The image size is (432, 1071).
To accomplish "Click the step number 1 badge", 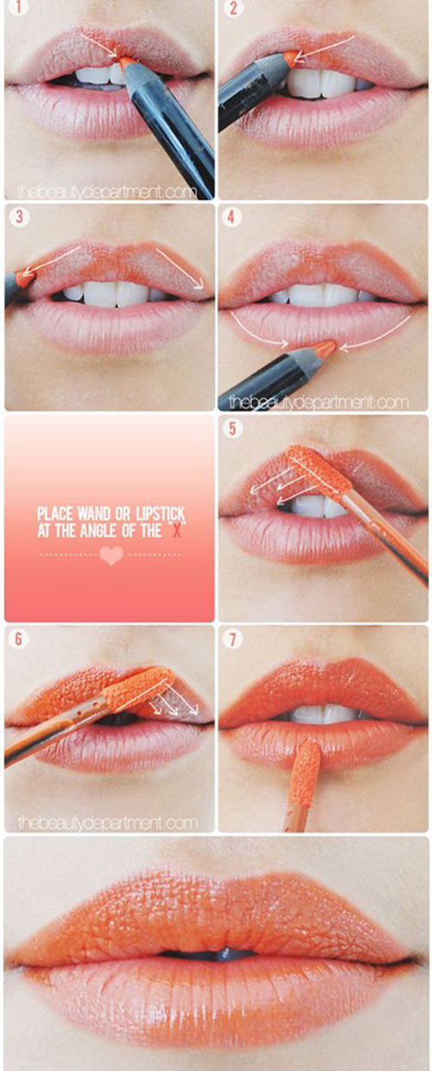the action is (18, 7).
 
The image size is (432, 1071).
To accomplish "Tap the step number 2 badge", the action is (232, 7).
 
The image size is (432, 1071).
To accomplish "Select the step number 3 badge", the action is (18, 217).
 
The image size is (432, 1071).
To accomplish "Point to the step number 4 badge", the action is (232, 217).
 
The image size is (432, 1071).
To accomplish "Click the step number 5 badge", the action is (232, 428).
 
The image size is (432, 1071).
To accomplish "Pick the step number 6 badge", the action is (18, 639).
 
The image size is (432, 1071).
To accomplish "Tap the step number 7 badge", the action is (232, 639).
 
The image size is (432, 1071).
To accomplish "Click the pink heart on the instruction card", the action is (111, 556).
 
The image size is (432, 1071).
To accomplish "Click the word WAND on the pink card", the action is (94, 514).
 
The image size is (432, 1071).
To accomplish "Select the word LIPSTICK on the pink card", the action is (160, 514).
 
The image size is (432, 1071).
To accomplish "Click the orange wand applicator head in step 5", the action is (318, 472).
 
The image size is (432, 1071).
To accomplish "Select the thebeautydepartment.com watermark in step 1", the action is (107, 192).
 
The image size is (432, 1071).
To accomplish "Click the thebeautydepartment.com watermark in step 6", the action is (107, 822).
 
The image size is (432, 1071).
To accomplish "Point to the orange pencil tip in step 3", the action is (22, 277).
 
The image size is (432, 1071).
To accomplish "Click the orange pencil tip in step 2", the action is (289, 56).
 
